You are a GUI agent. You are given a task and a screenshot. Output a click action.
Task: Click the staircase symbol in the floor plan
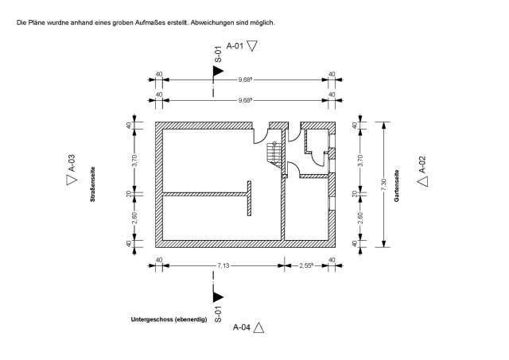coord(274,155)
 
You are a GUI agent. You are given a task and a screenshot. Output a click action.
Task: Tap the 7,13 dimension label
coord(223,265)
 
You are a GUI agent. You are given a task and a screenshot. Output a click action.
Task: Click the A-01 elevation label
coord(235,46)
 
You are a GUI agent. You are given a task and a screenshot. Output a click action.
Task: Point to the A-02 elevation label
coord(422,165)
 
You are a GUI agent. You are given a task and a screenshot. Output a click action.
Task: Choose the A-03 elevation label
coord(72,163)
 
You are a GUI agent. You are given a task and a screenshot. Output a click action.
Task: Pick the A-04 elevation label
coord(242,327)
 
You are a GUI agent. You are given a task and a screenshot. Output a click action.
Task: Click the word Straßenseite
coord(93,184)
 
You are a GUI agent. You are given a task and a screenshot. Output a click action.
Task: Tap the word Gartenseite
coord(396,186)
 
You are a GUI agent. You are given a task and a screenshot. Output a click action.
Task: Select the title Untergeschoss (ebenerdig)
coord(169,319)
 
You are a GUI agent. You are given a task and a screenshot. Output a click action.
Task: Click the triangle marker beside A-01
coord(252,46)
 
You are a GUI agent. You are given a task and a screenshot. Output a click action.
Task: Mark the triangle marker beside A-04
coord(258,327)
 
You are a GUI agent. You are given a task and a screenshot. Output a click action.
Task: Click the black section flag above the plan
coord(218,71)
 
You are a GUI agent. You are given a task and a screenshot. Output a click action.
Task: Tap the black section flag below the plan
coord(218,296)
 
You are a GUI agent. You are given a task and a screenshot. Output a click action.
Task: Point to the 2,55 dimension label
coord(306,265)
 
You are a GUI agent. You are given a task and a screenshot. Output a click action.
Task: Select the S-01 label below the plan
coord(218,314)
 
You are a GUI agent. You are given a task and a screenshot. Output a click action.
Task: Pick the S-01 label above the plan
coord(218,54)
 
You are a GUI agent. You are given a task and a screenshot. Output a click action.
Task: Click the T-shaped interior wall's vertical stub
coord(249,198)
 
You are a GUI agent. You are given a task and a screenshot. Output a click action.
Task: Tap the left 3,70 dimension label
coord(135,161)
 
